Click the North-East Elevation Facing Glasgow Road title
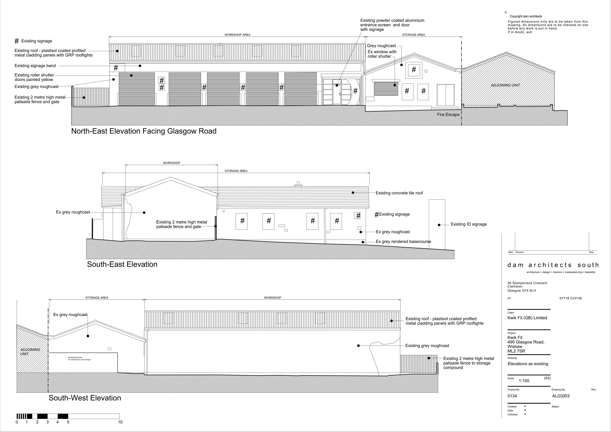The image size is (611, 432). (144, 131)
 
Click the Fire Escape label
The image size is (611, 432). (448, 115)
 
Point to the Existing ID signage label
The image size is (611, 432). (469, 224)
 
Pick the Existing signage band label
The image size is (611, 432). (35, 66)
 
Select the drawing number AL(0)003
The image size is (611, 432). (561, 396)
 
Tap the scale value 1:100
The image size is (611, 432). (524, 381)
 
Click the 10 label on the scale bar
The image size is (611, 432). (120, 422)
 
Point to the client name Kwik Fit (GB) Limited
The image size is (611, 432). (527, 318)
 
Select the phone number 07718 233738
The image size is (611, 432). (571, 298)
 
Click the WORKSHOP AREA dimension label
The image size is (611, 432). (237, 35)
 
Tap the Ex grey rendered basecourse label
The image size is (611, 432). (404, 242)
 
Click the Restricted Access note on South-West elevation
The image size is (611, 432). (79, 359)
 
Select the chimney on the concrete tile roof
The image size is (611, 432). (298, 184)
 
